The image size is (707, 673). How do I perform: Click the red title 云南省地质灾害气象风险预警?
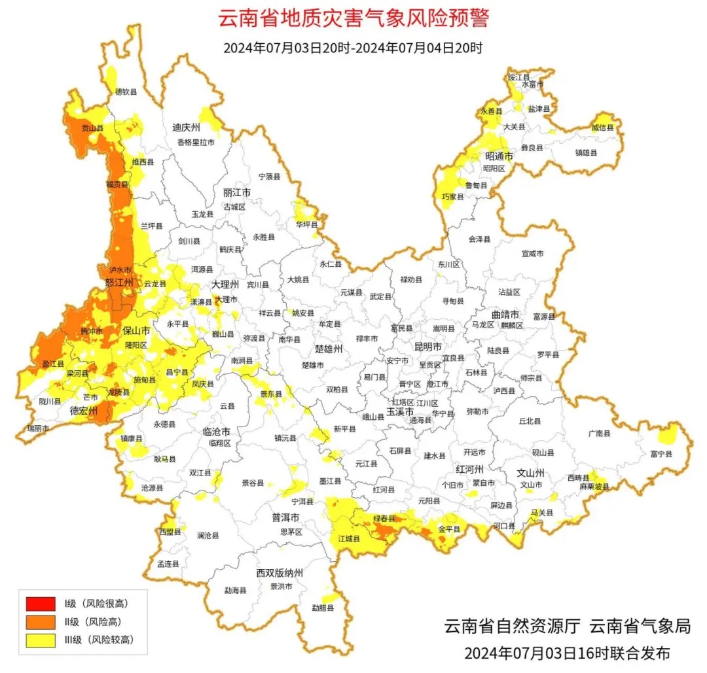point(353,19)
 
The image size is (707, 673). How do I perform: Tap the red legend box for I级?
point(41,604)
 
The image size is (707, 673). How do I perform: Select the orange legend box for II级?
point(41,622)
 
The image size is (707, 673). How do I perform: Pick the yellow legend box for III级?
point(41,640)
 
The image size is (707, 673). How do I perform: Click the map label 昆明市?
point(428,346)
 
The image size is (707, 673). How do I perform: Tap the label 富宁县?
point(661,453)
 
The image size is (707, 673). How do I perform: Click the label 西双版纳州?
point(280,573)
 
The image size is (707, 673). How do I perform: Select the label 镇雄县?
point(587,152)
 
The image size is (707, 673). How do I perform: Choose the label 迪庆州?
point(186,128)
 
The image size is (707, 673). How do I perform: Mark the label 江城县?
point(350,539)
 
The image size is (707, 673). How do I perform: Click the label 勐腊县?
point(323,608)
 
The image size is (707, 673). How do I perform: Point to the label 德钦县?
point(126,92)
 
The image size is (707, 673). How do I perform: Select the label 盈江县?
point(52,363)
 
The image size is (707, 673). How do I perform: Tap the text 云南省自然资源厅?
point(513,627)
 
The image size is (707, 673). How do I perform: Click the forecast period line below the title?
point(353,48)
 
